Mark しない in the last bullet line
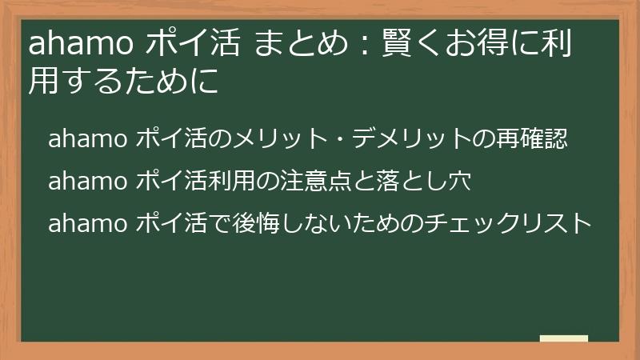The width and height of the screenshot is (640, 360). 335,223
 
